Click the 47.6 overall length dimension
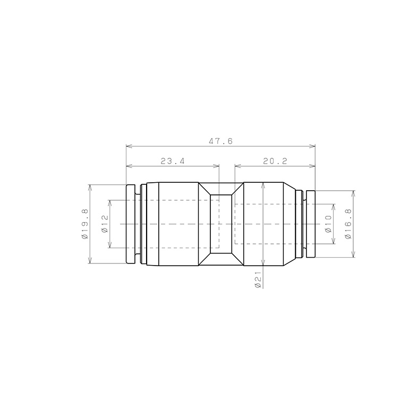tap(220, 141)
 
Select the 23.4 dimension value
tap(173, 161)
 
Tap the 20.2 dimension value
tap(275, 161)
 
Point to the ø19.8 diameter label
tap(85, 224)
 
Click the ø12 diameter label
tap(105, 224)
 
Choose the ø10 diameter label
tap(328, 224)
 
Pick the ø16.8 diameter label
tap(348, 224)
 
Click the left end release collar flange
tap(131, 224)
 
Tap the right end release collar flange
tap(311, 224)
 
